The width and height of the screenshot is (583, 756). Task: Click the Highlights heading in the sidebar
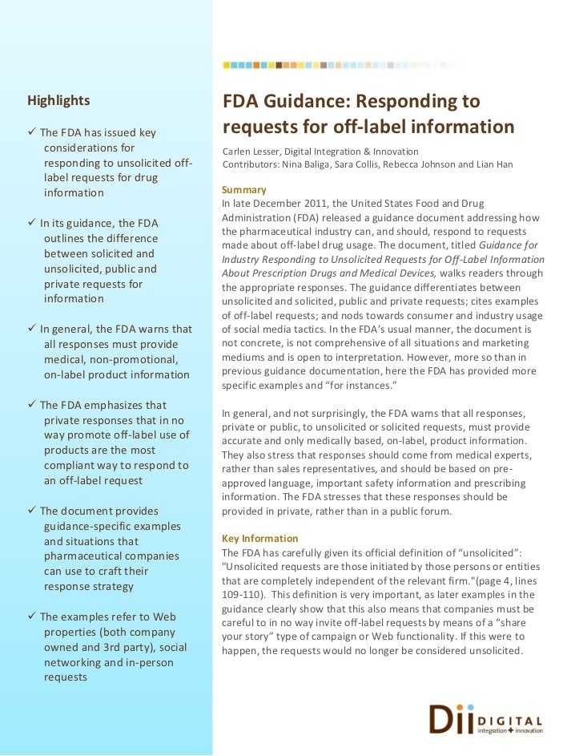(58, 101)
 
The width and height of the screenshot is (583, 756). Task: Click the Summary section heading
(243, 189)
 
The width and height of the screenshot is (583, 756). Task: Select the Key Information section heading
(259, 538)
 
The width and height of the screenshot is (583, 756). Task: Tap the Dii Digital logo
(485, 719)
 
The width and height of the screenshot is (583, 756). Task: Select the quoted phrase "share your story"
(523, 623)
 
